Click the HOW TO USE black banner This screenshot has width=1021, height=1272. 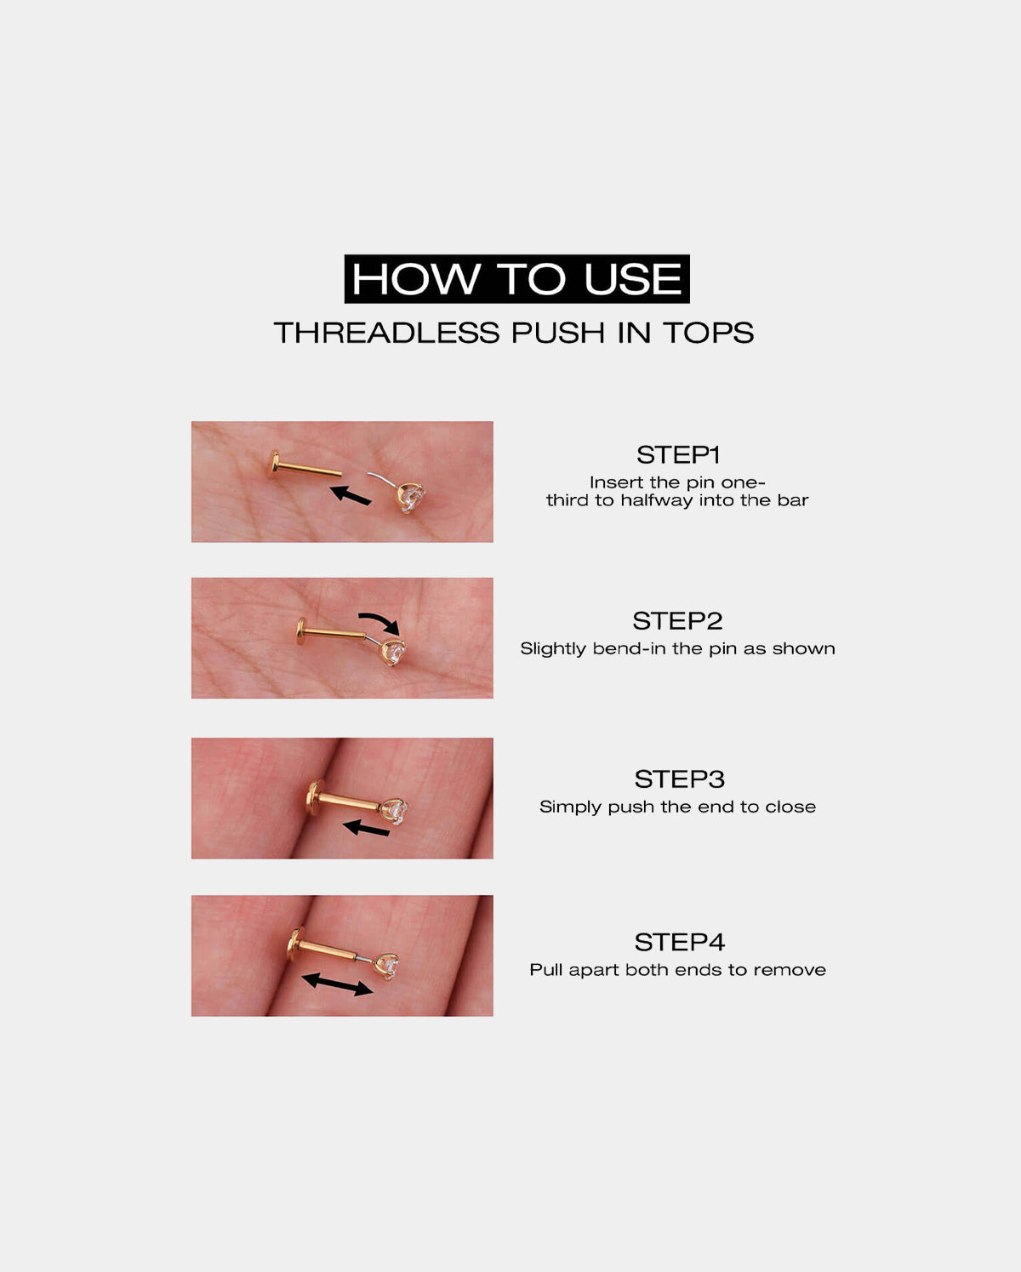(516, 279)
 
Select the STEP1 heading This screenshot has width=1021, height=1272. (678, 454)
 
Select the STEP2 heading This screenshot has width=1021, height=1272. (677, 620)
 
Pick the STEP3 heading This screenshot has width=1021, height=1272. (679, 779)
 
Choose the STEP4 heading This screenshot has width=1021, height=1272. (679, 942)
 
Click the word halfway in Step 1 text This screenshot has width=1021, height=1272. (656, 500)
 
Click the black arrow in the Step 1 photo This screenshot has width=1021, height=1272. (351, 494)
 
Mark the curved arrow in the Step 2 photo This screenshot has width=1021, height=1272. (379, 621)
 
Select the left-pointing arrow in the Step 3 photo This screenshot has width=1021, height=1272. (366, 828)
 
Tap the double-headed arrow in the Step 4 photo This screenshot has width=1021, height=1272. (338, 984)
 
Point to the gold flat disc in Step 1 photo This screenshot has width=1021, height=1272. (274, 465)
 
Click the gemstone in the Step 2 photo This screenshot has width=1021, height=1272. (394, 653)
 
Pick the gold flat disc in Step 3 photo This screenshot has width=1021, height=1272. (315, 797)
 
